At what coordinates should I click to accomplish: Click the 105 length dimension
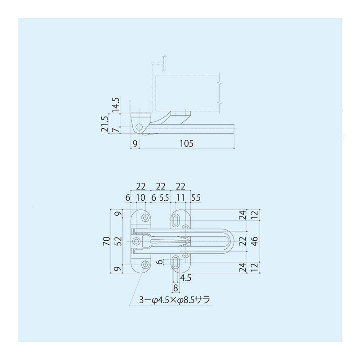click(186, 144)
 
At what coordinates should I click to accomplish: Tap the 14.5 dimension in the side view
click(116, 105)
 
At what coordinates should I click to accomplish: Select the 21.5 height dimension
click(104, 124)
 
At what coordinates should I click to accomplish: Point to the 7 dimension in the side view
click(117, 130)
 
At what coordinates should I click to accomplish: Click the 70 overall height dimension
click(107, 242)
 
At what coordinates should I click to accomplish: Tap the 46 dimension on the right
click(255, 241)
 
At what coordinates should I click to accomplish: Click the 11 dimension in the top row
click(180, 198)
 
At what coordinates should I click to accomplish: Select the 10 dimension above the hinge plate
click(141, 198)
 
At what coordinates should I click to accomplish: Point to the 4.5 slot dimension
click(186, 278)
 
